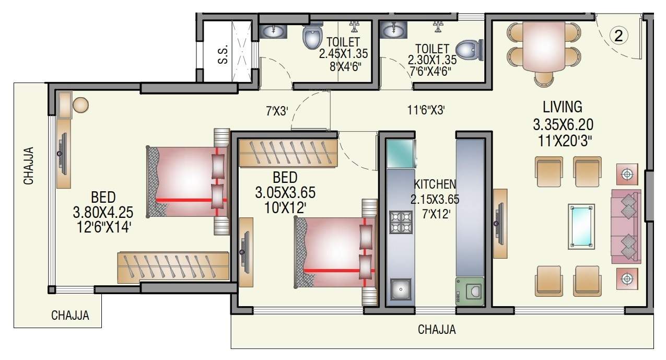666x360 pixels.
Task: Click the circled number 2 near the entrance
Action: coord(618,36)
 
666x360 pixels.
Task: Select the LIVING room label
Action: coord(562,107)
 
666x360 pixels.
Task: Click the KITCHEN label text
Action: coord(435,184)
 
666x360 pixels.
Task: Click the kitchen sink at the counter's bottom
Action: coord(401,288)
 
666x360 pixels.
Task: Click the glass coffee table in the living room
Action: coord(581,226)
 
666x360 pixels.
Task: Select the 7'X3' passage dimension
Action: coord(277,111)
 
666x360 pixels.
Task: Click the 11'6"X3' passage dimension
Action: coord(426,111)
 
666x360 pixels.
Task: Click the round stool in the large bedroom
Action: coord(81,104)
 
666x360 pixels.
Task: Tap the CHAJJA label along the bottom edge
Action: coord(437,330)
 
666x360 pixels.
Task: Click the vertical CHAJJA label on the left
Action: coord(29,166)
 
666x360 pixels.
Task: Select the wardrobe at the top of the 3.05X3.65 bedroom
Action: coord(288,152)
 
